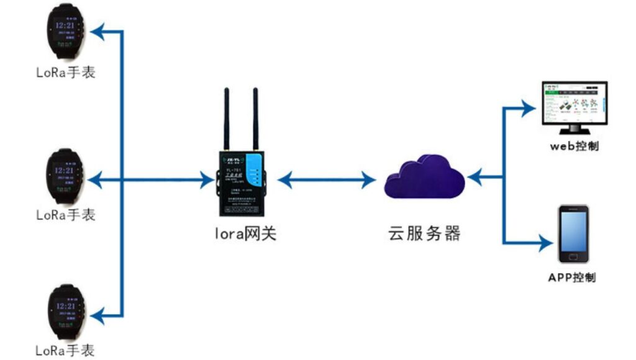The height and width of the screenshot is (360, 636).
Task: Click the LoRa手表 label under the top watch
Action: click(x=66, y=73)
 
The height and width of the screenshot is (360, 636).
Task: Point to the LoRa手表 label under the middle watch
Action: click(x=66, y=215)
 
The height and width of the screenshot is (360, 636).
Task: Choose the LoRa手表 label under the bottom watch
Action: click(x=66, y=351)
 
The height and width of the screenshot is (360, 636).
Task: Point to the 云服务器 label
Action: click(x=424, y=234)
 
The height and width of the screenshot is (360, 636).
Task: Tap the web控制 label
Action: click(x=574, y=146)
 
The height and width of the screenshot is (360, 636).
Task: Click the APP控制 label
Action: click(x=571, y=277)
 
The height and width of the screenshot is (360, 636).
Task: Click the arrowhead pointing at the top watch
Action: click(x=99, y=30)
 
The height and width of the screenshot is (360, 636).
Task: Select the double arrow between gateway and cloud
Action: click(x=327, y=181)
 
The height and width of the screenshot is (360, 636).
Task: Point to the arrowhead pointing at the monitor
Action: click(x=527, y=109)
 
